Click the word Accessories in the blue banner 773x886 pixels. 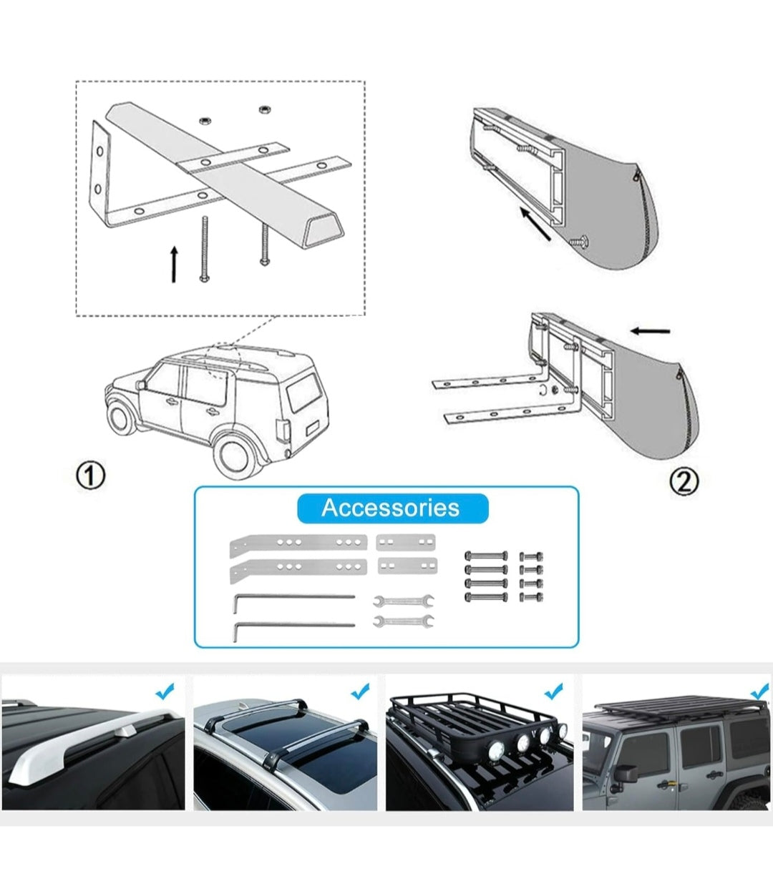tap(390, 508)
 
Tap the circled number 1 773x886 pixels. tap(91, 476)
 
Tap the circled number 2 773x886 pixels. tap(684, 481)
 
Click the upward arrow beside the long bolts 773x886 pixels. tap(174, 264)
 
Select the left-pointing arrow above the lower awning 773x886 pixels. tap(651, 331)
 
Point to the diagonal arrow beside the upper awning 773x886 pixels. tap(535, 223)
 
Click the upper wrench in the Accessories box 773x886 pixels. tap(404, 601)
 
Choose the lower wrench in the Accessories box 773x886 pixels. tap(404, 621)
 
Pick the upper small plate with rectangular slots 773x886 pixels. tap(406, 542)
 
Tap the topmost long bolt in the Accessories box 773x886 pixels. tap(486, 556)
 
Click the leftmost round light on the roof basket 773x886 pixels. tap(497, 750)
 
